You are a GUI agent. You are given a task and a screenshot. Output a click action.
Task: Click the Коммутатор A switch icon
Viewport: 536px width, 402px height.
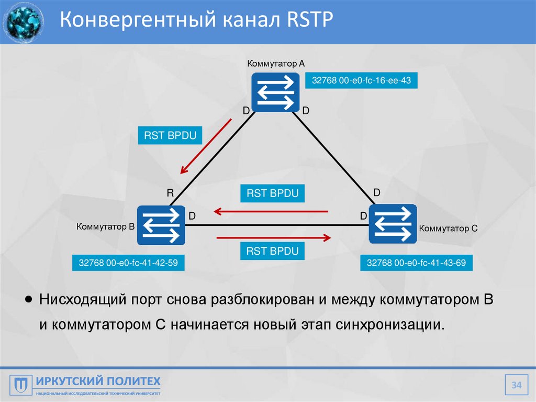(275, 92)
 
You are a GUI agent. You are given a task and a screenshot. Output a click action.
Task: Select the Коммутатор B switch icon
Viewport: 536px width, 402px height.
(161, 225)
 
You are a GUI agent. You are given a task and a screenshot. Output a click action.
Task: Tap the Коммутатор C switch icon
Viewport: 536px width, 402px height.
(393, 224)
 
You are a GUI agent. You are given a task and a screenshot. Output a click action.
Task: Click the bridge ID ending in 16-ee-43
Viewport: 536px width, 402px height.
(361, 81)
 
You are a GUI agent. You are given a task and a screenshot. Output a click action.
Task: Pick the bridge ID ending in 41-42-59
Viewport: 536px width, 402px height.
(128, 263)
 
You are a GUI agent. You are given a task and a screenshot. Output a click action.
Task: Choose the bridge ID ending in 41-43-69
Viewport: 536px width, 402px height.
(416, 263)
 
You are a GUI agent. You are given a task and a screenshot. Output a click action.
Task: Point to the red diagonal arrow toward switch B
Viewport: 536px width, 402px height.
(205, 147)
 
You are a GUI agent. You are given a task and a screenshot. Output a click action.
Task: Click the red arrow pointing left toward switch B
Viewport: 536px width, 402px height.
(271, 212)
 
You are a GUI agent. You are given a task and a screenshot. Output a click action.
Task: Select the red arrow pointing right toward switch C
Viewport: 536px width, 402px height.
(274, 238)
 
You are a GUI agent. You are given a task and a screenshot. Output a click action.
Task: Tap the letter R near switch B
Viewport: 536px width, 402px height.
(170, 193)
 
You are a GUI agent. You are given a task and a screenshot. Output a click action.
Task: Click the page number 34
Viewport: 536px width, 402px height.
(517, 386)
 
